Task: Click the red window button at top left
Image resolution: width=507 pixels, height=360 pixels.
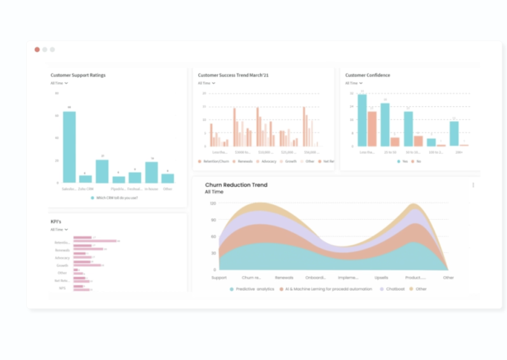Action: click(x=37, y=50)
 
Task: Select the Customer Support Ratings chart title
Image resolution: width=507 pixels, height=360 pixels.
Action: click(x=78, y=75)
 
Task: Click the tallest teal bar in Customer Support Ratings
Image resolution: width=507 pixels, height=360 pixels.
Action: click(x=69, y=147)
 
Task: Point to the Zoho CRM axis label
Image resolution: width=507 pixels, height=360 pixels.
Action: click(x=85, y=189)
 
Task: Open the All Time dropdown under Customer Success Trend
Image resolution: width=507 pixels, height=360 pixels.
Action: click(x=207, y=83)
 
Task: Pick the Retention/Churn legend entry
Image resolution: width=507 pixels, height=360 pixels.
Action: click(x=214, y=161)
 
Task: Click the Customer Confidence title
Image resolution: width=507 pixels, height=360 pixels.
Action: click(x=367, y=75)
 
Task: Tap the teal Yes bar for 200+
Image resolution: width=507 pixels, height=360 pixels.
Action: click(x=454, y=134)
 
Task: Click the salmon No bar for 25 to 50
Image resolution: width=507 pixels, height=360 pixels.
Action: click(x=395, y=142)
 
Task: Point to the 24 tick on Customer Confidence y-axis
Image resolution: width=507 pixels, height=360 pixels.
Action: click(x=352, y=106)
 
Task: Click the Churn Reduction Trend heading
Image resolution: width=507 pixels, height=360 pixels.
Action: click(x=236, y=185)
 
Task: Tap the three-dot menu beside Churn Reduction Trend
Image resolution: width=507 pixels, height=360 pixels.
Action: click(x=473, y=185)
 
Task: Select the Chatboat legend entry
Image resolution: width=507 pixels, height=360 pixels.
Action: click(x=395, y=289)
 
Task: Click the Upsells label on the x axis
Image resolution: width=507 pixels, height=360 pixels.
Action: click(x=381, y=278)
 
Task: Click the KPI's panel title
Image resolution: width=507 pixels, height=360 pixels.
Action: click(x=56, y=221)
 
